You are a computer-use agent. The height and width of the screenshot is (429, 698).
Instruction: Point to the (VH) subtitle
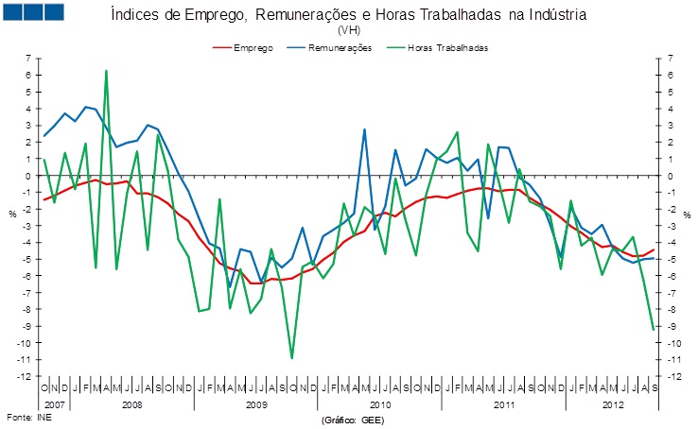349,30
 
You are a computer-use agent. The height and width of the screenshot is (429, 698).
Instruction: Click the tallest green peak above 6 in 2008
106,71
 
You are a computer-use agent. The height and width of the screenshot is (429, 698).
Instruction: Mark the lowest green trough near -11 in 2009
291,358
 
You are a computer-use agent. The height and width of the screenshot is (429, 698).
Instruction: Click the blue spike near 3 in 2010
364,129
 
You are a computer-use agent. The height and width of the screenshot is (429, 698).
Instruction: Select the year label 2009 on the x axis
255,403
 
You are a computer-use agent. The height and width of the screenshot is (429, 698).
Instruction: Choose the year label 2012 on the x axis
615,403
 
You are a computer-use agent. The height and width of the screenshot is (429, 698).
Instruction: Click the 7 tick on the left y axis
29,59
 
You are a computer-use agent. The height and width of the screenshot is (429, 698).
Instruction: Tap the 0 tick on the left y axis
29,176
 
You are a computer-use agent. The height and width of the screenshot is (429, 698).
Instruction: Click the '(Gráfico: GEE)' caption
353,418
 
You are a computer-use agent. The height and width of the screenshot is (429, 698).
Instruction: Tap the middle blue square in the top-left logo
33,12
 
